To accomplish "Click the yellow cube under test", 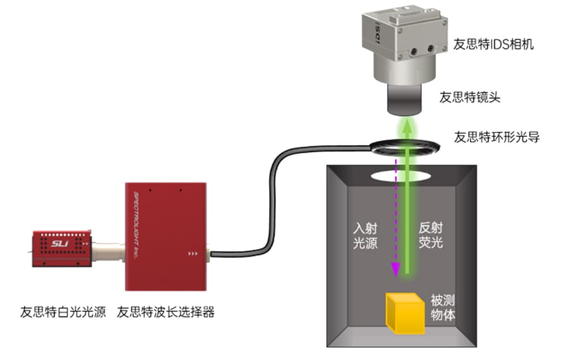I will pos(405,312).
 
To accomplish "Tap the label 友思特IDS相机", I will pos(493,44).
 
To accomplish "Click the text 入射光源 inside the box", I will pos(365,236).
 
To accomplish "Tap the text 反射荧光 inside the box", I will pos(433,236).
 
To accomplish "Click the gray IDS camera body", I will pos(405,48).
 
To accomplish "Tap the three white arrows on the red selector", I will pos(193,255).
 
